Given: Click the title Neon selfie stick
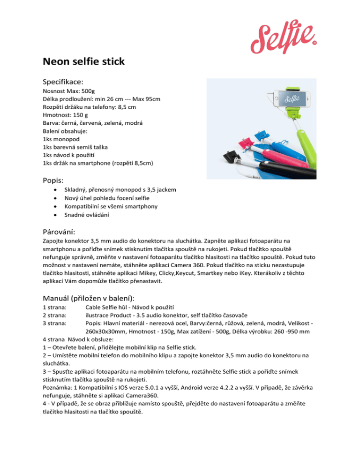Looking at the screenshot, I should tap(85, 61).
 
